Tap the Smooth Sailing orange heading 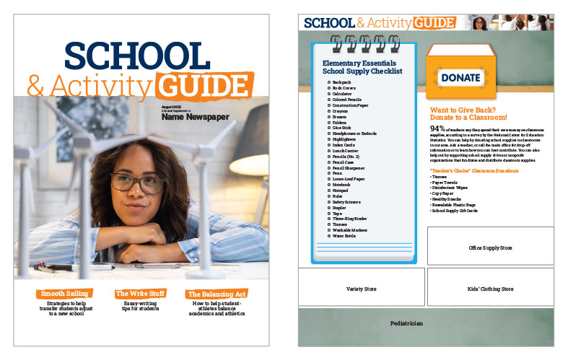tap(65, 294)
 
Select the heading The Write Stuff tap(141, 294)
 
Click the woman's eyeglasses tap(136, 183)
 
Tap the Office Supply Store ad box tap(490, 247)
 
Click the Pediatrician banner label tap(406, 324)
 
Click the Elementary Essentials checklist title tap(362, 67)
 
